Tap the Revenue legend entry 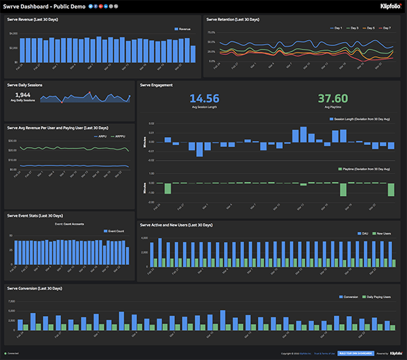pyautogui.click(x=182, y=29)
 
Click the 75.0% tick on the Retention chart pyautogui.click(x=211, y=32)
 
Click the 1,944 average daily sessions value pyautogui.click(x=22, y=95)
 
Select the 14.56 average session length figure pyautogui.click(x=204, y=98)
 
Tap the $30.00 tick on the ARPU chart pyautogui.click(x=12, y=140)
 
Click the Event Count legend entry pyautogui.click(x=117, y=231)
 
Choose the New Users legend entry pyautogui.click(x=384, y=234)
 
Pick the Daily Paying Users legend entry pyautogui.click(x=377, y=296)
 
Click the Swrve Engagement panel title pyautogui.click(x=156, y=85)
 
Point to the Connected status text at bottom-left pyautogui.click(x=12, y=353)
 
